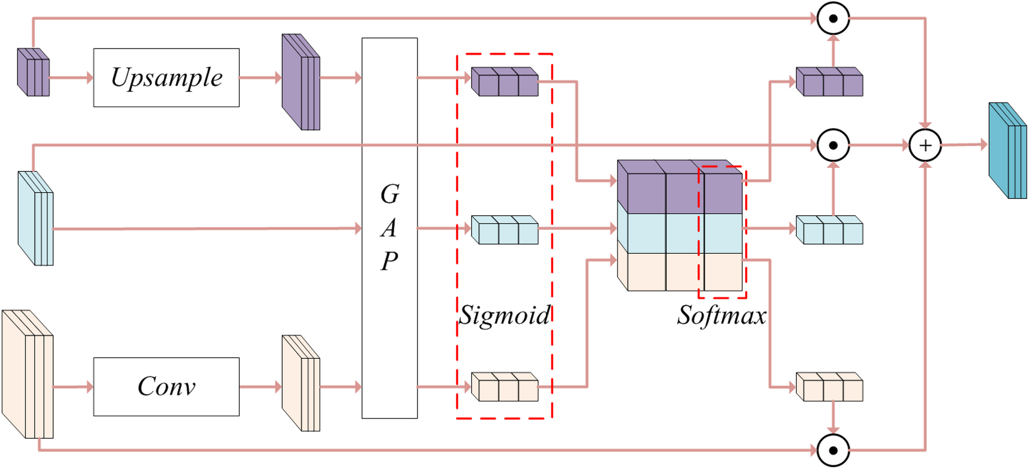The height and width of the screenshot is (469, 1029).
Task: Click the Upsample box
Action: click(x=166, y=77)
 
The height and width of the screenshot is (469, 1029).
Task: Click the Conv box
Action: click(x=166, y=386)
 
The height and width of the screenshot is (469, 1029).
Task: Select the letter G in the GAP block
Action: click(x=389, y=194)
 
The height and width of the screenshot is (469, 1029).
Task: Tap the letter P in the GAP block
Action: click(x=389, y=261)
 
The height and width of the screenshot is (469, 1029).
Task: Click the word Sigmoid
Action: click(x=504, y=315)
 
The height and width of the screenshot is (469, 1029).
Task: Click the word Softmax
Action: click(x=722, y=315)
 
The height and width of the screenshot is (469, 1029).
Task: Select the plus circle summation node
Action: click(x=925, y=146)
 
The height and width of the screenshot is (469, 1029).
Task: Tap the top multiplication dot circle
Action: click(x=833, y=18)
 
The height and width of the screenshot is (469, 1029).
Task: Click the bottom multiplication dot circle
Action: click(x=833, y=451)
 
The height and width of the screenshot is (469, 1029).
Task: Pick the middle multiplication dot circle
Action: click(x=833, y=146)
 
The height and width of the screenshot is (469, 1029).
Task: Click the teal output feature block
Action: click(x=1007, y=151)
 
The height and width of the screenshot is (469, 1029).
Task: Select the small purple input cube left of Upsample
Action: click(x=34, y=73)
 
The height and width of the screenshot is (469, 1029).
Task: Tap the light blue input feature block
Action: click(x=35, y=219)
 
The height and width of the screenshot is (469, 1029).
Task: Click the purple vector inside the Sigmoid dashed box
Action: click(x=505, y=83)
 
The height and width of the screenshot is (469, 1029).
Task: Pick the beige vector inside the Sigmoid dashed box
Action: click(x=505, y=388)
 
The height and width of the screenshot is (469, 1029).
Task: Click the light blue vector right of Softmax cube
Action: click(x=829, y=230)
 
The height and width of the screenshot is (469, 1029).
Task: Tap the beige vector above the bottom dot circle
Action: click(x=829, y=388)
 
